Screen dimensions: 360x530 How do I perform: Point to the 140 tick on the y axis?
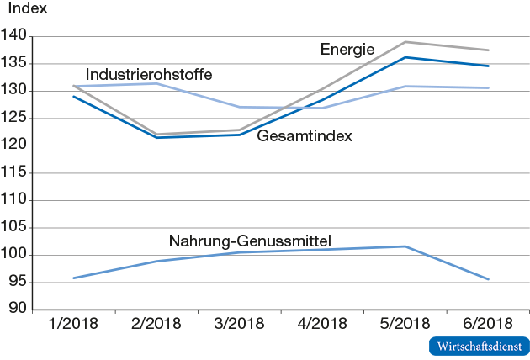(15, 36)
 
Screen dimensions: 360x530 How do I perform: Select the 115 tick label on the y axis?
(15, 173)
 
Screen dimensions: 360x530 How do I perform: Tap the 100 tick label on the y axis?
(15, 255)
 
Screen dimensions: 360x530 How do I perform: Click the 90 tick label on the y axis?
(19, 310)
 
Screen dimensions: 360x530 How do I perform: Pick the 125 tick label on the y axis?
(15, 119)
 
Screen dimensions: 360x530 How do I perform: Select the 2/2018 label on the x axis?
(156, 324)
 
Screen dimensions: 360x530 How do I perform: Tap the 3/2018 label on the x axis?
(240, 324)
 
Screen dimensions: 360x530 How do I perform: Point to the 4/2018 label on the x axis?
(322, 324)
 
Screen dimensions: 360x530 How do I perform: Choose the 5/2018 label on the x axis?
(405, 324)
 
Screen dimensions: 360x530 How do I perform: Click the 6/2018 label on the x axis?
(488, 324)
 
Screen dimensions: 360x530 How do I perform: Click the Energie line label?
(347, 49)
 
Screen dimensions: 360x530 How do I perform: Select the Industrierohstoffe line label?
(148, 75)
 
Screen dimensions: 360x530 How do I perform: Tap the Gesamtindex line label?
(304, 135)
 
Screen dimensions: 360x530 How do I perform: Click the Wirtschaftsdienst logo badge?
(479, 346)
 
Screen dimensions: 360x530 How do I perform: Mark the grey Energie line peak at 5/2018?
(405, 42)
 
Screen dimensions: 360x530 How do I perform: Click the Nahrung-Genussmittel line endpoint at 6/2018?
(489, 279)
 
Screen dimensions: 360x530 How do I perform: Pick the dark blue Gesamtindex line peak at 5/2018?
(405, 57)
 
